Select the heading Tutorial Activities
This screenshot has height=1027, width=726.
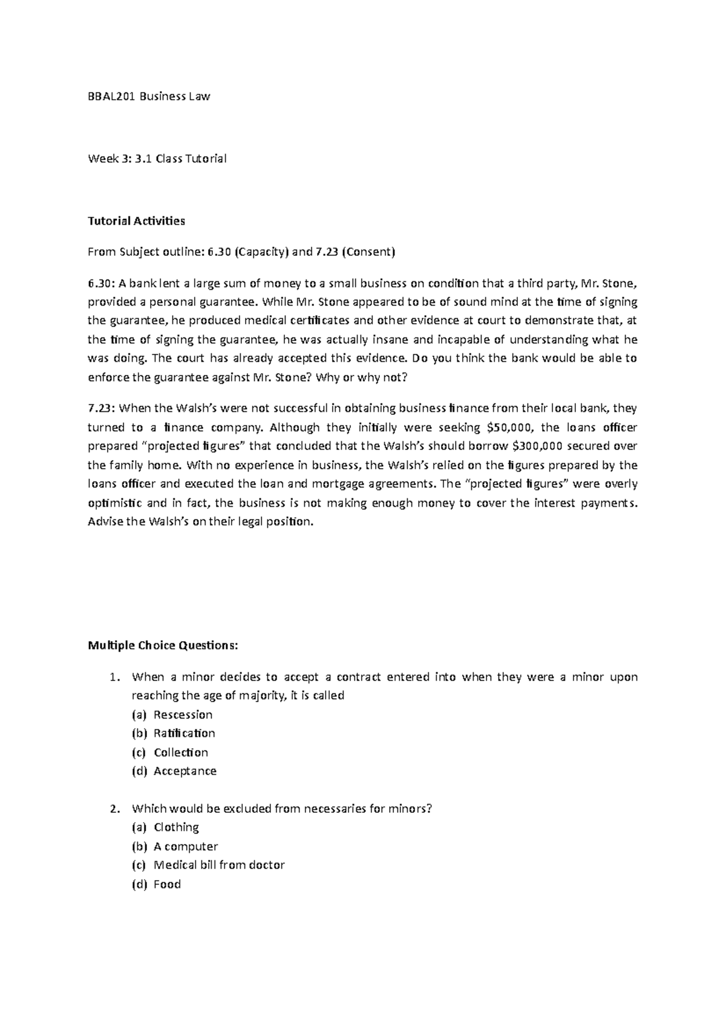coord(136,221)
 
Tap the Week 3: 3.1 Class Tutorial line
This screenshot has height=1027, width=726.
coord(157,159)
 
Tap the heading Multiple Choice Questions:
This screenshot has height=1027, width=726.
coord(163,645)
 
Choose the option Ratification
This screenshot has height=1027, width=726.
coord(184,733)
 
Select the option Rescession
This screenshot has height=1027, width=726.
coord(183,714)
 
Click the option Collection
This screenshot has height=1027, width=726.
coord(180,752)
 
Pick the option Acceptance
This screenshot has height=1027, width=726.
coord(185,771)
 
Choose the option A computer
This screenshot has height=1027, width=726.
coord(185,846)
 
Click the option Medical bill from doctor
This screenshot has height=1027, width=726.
coord(218,865)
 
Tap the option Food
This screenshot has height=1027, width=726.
coord(167,884)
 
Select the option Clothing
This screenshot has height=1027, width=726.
coord(176,827)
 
